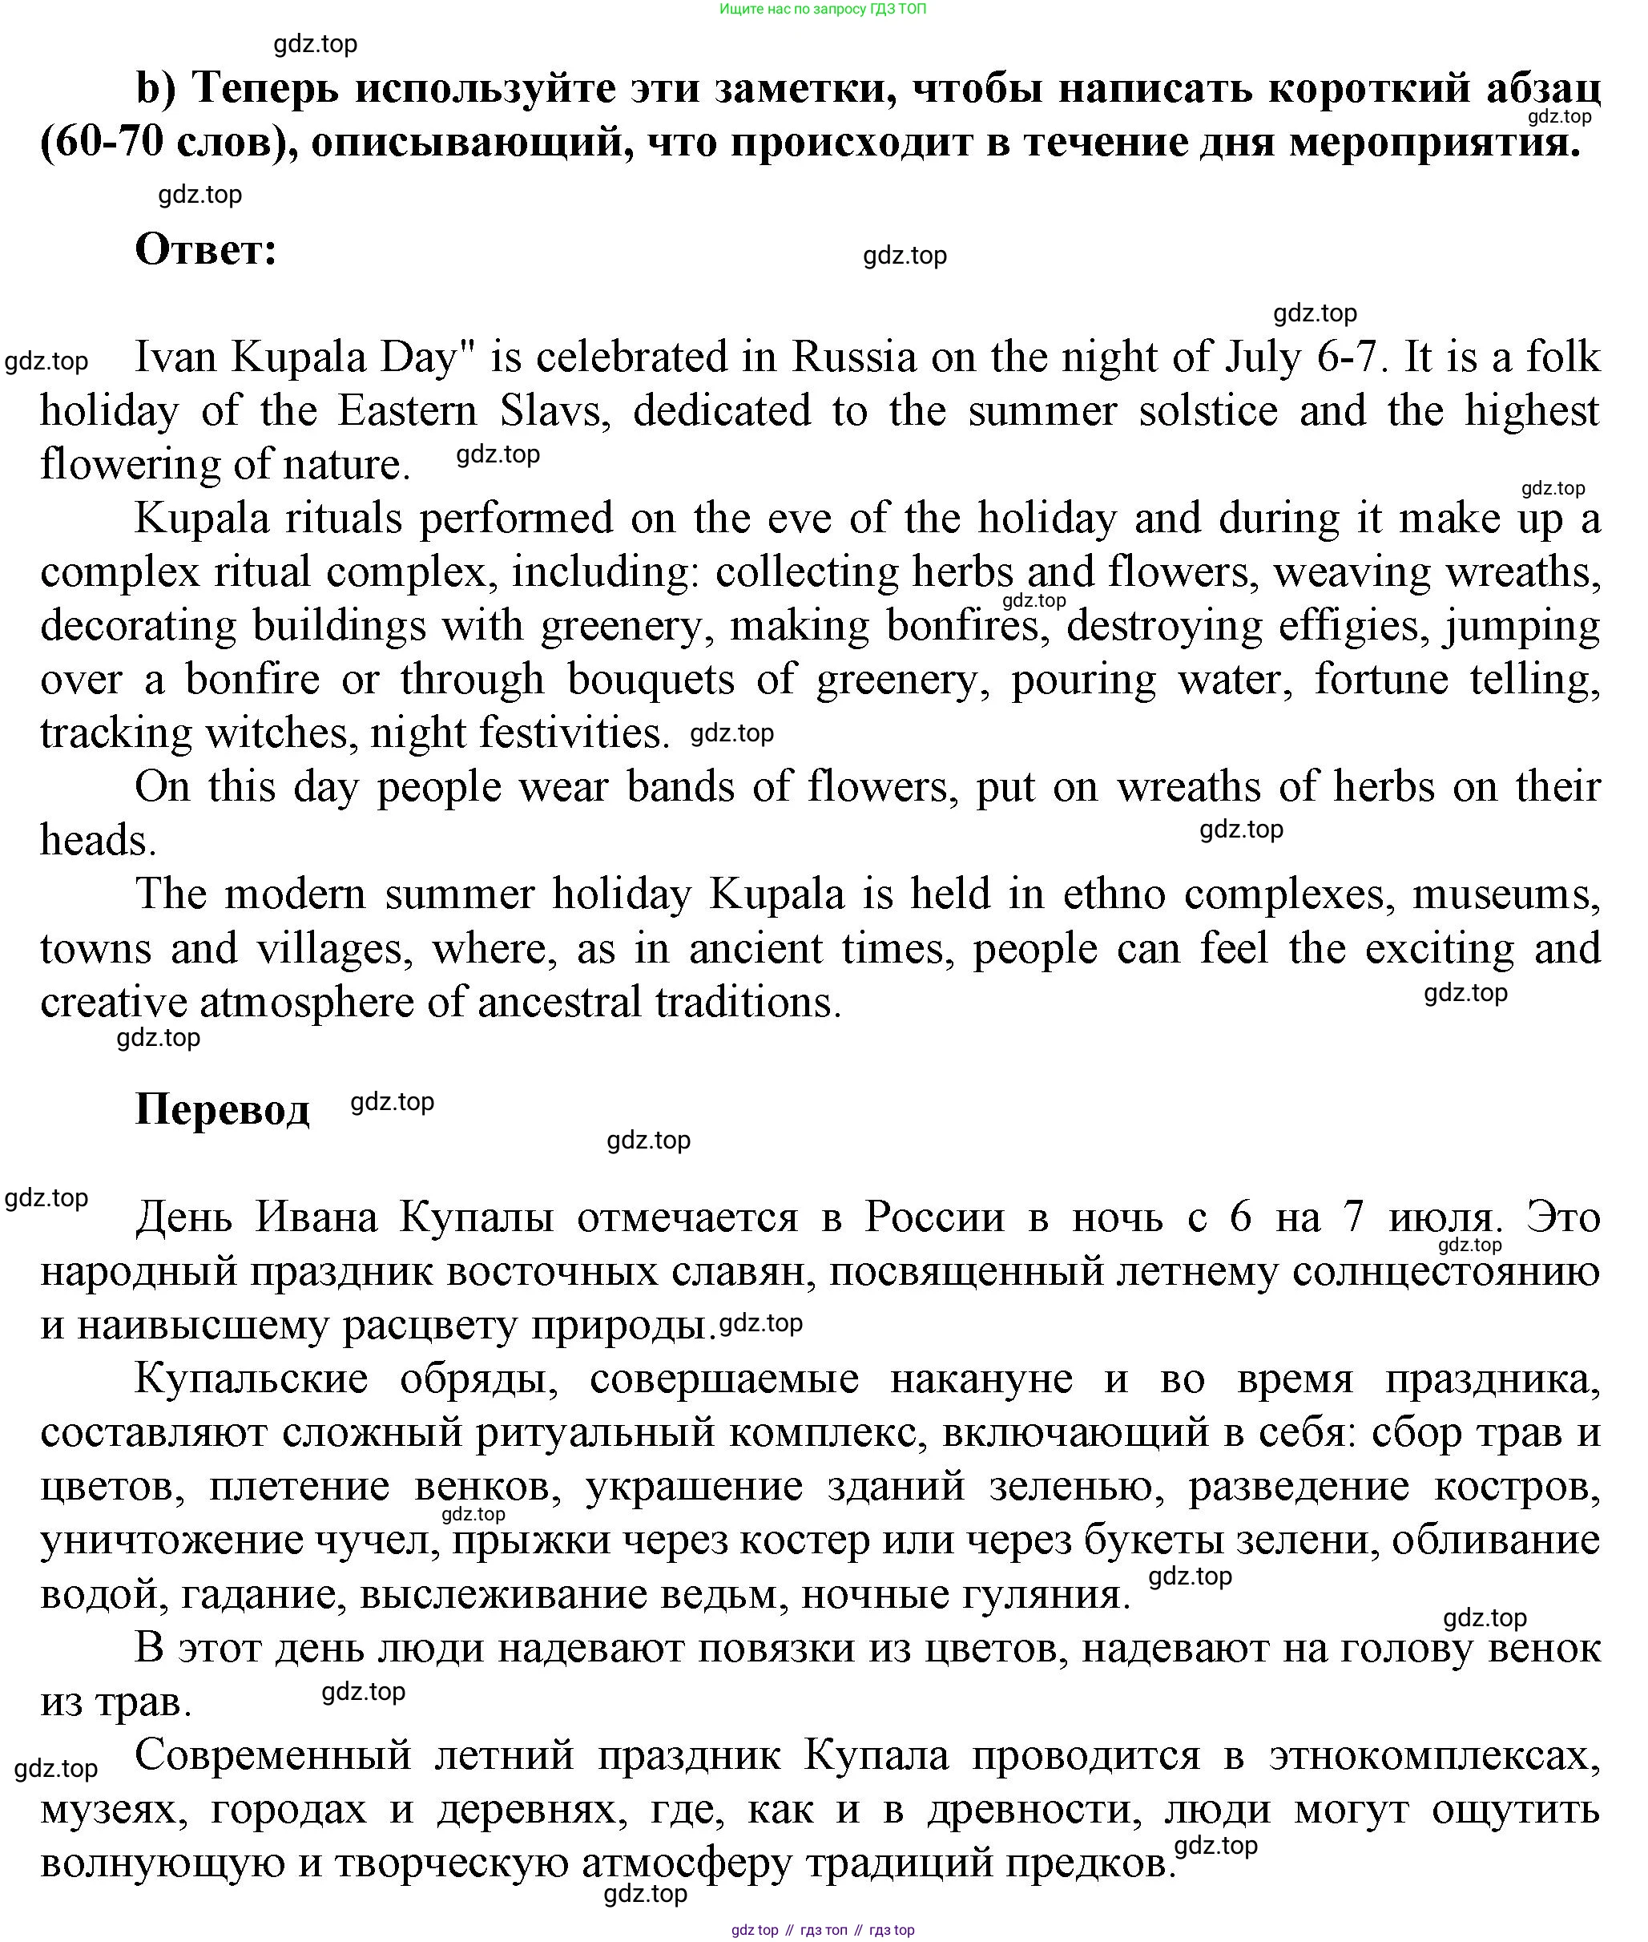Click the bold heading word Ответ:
pyautogui.click(x=206, y=249)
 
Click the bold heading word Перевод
pyautogui.click(x=223, y=1109)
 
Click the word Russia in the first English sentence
pyautogui.click(x=854, y=357)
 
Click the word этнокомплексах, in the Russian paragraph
pyautogui.click(x=1434, y=1756)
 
